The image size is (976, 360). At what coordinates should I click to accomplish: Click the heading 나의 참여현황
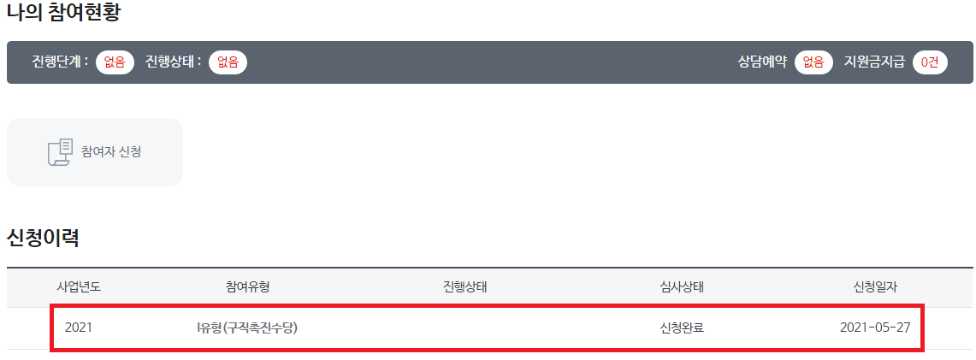click(63, 14)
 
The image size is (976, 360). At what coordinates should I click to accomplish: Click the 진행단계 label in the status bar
click(60, 62)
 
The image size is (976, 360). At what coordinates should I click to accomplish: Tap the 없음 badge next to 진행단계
click(115, 62)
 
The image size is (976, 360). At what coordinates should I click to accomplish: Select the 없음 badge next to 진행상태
click(228, 62)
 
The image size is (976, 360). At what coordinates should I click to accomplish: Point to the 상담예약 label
click(762, 62)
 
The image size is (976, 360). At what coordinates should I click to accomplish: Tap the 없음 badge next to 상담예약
click(813, 62)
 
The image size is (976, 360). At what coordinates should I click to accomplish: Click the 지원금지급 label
click(874, 62)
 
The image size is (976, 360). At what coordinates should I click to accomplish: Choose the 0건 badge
click(930, 62)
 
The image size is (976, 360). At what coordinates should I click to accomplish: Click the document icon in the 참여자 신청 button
click(60, 152)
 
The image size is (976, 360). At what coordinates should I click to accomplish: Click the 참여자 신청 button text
click(111, 152)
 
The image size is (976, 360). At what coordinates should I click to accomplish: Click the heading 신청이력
click(43, 238)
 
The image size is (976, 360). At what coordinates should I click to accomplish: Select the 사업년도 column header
click(79, 287)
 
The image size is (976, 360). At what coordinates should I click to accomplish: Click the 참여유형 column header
click(248, 287)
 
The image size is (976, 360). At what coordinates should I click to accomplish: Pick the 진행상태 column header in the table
click(459, 287)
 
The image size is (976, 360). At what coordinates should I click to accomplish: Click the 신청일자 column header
click(875, 287)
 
